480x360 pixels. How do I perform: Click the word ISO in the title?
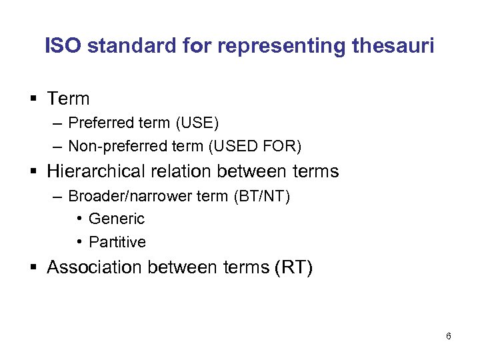(x=63, y=46)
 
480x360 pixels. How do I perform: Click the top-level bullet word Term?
(x=68, y=99)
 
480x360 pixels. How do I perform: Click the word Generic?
(x=116, y=219)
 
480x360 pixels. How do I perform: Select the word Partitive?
(x=117, y=241)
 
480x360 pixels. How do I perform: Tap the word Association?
(x=95, y=267)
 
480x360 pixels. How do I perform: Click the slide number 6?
(x=448, y=336)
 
